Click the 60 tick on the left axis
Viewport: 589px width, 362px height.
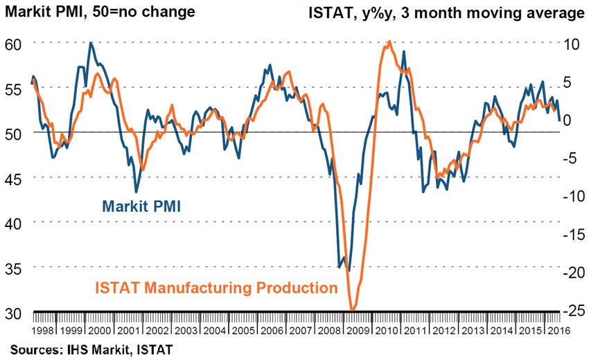[15, 43]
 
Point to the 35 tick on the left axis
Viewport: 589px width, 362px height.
[15, 267]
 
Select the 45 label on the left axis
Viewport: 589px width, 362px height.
[15, 178]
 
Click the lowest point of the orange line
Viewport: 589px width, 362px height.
[353, 309]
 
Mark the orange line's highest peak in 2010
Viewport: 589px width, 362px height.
[390, 42]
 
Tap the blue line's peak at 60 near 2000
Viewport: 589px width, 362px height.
[91, 43]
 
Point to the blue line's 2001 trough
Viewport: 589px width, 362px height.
[136, 192]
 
